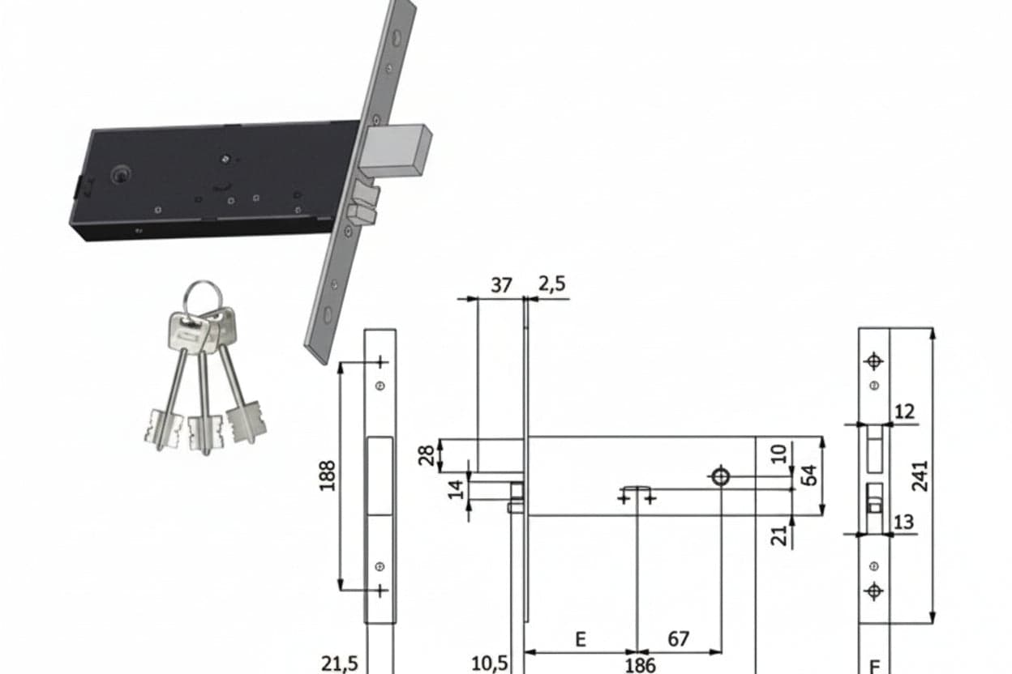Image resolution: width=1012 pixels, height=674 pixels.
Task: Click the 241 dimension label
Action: coord(920,476)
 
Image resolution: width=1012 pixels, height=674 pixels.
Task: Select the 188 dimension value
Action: coord(327,476)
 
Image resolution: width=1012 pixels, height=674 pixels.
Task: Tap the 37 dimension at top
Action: coord(501,285)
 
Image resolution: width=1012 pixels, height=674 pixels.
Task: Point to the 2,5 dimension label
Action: coord(551,284)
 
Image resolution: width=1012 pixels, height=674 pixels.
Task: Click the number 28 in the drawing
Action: coord(426,455)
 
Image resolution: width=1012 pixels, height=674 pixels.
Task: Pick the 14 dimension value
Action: coord(456,490)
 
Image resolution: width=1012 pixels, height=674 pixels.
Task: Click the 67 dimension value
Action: coord(679,639)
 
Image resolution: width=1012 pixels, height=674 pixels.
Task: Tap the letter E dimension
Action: coord(581,639)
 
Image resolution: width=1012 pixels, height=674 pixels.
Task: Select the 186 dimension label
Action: coord(640,665)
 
